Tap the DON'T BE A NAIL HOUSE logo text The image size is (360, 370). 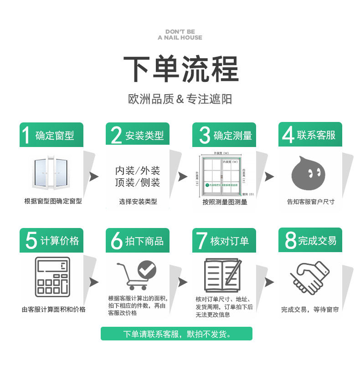pyautogui.click(x=180, y=35)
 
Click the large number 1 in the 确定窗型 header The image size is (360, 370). pyautogui.click(x=26, y=135)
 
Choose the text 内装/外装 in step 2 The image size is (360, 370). pyautogui.click(x=138, y=171)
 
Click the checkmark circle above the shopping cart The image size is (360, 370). pyautogui.click(x=147, y=269)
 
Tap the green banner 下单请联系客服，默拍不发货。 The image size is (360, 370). pyautogui.click(x=176, y=334)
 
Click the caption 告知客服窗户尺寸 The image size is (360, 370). pyautogui.click(x=310, y=202)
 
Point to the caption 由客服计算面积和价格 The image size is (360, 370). pyautogui.click(x=53, y=309)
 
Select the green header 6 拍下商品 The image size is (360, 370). pyautogui.click(x=137, y=241)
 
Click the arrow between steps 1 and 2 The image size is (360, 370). pyautogui.click(x=94, y=177)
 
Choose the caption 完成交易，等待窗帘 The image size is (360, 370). pyautogui.click(x=310, y=309)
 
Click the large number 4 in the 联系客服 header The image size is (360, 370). pyautogui.click(x=288, y=135)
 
